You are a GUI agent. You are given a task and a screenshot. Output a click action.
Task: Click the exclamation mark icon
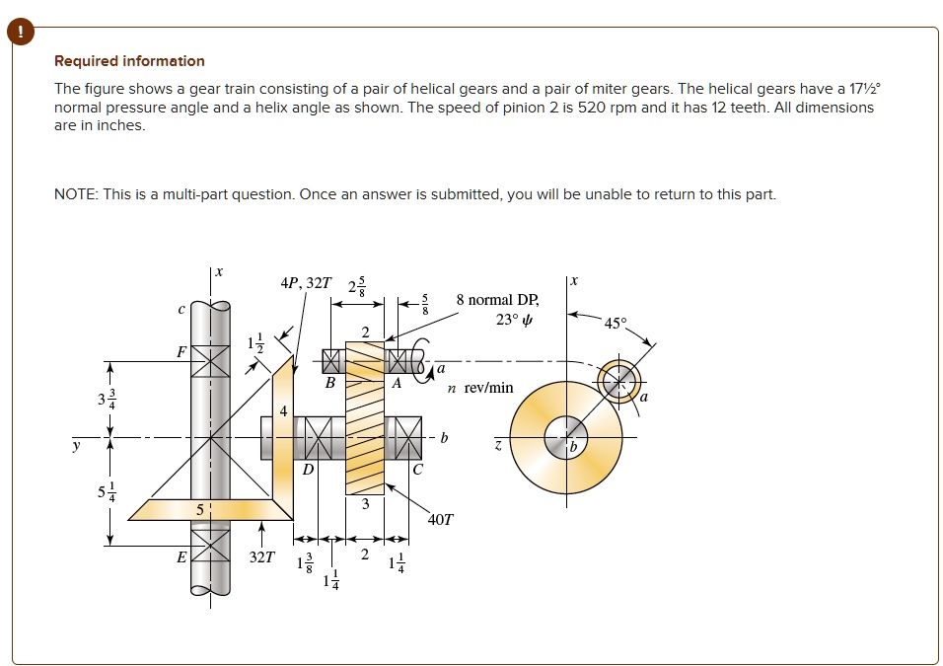tap(20, 32)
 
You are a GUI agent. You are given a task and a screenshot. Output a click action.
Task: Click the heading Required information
tap(129, 61)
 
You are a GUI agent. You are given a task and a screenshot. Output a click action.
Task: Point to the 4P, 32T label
tap(306, 284)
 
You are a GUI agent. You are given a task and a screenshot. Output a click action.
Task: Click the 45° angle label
tap(615, 323)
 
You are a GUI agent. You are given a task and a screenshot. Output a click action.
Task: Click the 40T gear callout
tap(441, 518)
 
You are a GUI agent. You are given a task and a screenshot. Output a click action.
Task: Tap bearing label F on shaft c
tap(181, 351)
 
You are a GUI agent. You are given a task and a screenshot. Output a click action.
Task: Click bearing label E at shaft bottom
tap(181, 556)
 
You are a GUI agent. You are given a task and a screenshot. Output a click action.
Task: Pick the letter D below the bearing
tap(308, 470)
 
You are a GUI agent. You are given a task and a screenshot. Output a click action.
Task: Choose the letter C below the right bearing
tap(418, 470)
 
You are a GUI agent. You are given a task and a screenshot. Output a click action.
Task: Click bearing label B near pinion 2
tap(330, 383)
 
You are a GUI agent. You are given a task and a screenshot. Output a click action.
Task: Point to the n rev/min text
tap(480, 388)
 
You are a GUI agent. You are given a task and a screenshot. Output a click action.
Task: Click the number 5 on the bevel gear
tap(199, 510)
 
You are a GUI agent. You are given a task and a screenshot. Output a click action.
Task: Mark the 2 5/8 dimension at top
tap(356, 287)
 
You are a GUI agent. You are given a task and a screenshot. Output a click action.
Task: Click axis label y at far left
tap(75, 446)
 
